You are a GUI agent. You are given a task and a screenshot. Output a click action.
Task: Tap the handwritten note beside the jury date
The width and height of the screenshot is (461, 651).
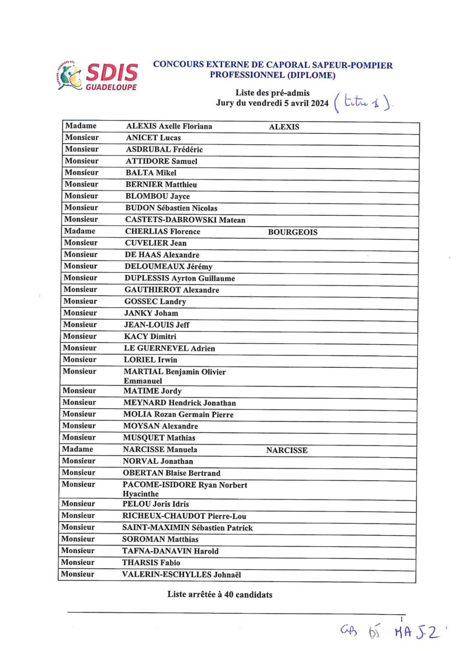click(x=363, y=102)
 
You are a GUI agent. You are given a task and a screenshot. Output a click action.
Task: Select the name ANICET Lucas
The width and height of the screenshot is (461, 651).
click(x=153, y=138)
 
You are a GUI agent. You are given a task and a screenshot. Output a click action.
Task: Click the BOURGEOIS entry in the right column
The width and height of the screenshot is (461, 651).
click(x=292, y=232)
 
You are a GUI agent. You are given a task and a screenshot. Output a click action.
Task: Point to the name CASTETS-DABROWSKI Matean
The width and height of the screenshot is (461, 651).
click(x=185, y=220)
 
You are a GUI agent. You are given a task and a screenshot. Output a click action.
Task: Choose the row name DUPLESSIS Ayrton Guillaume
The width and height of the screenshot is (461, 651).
click(x=180, y=278)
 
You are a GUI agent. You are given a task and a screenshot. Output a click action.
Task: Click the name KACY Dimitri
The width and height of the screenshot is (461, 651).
click(x=150, y=337)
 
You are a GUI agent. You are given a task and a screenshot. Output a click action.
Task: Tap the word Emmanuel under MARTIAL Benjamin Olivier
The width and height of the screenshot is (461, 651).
click(x=143, y=381)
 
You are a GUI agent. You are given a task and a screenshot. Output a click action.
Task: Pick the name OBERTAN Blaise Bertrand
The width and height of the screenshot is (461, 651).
click(x=171, y=473)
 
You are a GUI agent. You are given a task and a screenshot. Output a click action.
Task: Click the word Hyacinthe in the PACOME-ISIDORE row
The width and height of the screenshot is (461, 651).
click(x=141, y=494)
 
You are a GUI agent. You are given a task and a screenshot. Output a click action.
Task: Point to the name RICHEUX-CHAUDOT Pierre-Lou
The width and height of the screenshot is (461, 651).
click(x=184, y=516)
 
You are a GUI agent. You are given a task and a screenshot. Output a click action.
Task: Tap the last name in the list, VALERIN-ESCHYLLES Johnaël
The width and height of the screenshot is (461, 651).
click(x=181, y=575)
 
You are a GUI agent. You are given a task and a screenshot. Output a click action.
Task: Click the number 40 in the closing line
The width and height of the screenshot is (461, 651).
click(x=228, y=595)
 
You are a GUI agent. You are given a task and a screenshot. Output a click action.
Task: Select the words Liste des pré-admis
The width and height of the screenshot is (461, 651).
click(x=273, y=93)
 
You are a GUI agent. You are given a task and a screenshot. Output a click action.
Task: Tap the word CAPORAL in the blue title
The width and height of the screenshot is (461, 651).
click(x=288, y=65)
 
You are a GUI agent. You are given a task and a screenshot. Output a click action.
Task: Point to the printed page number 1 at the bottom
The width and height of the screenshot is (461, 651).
click(x=402, y=619)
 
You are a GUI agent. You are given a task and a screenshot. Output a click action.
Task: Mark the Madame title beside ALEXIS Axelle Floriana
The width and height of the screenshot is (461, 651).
click(x=81, y=126)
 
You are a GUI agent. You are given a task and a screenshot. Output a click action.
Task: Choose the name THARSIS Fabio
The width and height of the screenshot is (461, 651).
click(x=151, y=563)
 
